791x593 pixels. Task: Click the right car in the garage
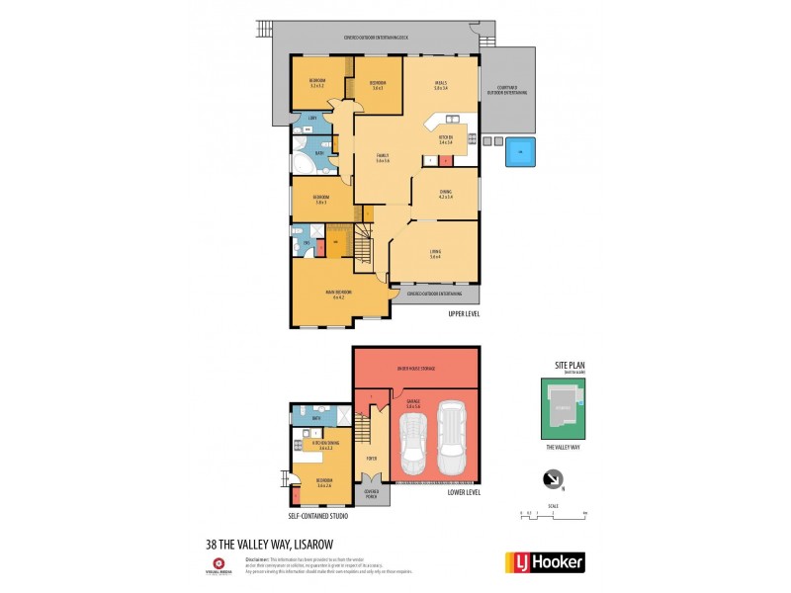pos(451,436)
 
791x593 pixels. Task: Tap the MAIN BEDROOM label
pos(338,294)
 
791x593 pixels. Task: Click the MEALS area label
pos(441,84)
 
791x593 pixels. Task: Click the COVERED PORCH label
pos(372,495)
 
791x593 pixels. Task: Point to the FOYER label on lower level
pos(371,458)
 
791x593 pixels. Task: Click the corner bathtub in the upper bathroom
pos(301,161)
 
